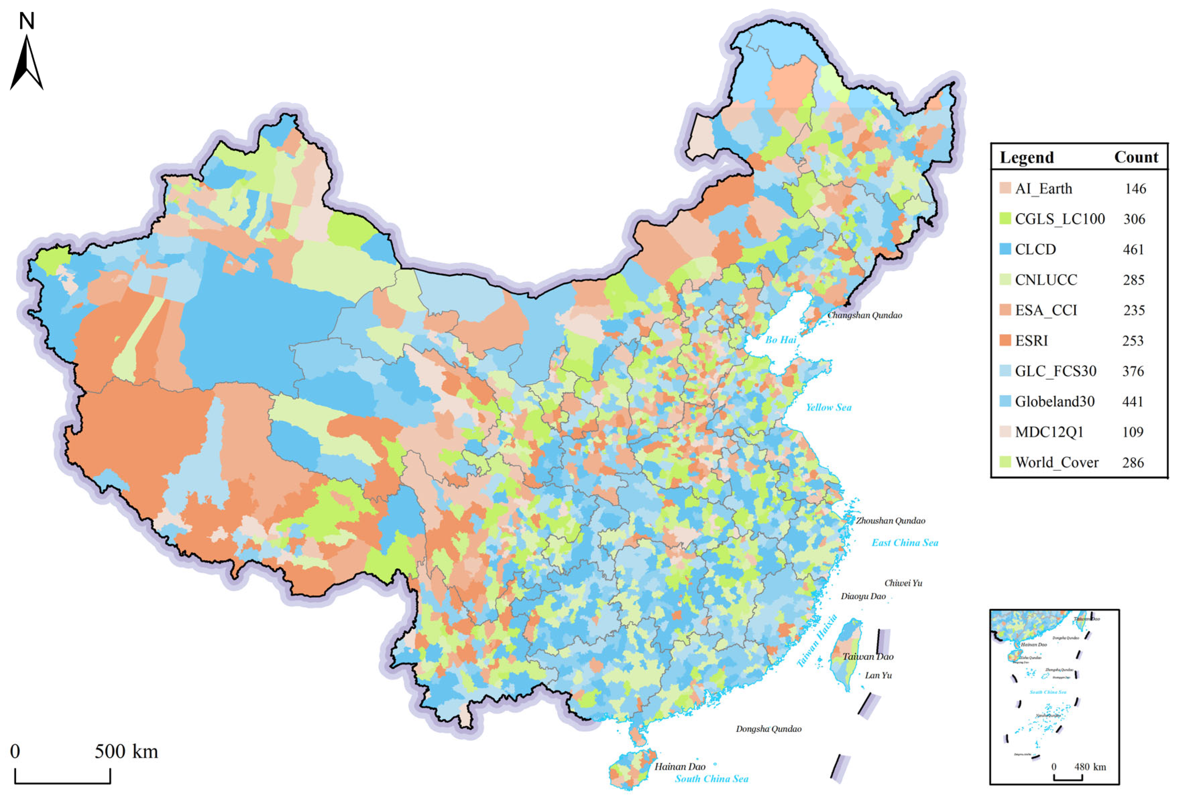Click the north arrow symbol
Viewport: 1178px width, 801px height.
27,63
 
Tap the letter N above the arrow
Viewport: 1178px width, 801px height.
27,21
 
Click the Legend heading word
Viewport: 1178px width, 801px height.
1026,158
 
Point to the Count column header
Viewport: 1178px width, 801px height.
1136,158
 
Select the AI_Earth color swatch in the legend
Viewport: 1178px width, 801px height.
1005,188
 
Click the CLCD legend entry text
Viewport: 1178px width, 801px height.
1035,249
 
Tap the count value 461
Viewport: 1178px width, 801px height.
1133,249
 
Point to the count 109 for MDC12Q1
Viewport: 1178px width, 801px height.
1132,432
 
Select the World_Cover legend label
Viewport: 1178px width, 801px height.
1057,462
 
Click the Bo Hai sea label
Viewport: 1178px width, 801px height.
781,340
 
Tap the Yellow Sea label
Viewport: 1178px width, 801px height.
829,407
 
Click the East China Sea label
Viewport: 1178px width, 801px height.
905,543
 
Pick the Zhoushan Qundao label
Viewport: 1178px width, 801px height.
891,520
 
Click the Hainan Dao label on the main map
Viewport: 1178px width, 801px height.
680,766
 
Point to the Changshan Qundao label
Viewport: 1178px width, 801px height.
865,315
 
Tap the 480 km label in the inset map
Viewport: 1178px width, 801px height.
1090,766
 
